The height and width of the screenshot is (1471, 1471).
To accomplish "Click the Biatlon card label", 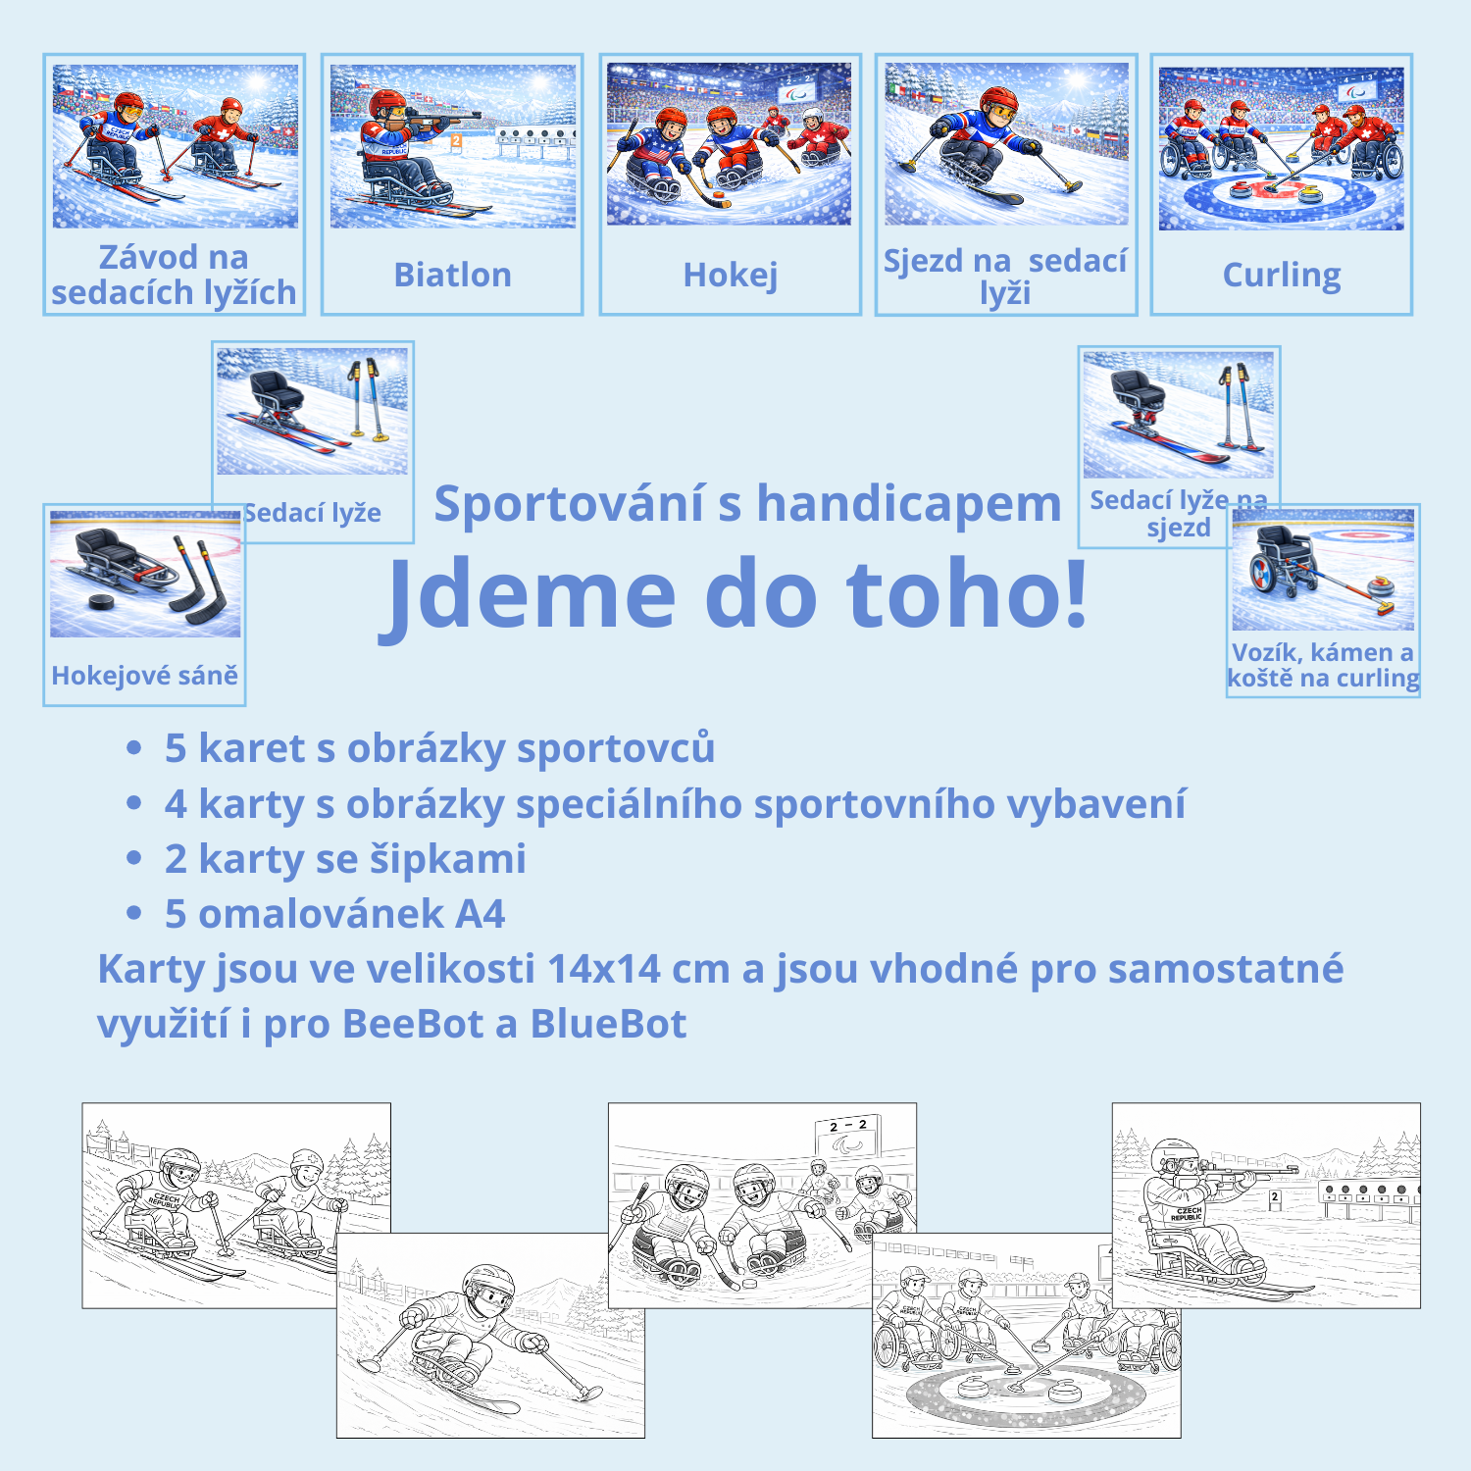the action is click(452, 276).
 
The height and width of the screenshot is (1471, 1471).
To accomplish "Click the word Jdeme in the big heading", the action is click(531, 593).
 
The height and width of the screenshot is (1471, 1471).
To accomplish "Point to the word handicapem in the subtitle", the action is click(909, 504).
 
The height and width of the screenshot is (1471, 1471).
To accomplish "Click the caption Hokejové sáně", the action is click(145, 676).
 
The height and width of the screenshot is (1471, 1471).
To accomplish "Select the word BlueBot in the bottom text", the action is click(608, 1024).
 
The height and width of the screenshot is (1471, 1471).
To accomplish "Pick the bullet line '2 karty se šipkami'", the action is click(345, 859).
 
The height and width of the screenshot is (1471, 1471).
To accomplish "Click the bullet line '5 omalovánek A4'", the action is click(334, 914).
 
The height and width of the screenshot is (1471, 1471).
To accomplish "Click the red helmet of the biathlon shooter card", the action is click(388, 102).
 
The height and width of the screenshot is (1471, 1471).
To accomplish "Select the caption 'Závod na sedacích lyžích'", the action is click(174, 275).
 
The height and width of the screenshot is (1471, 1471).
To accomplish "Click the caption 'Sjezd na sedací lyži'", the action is click(1005, 277).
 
